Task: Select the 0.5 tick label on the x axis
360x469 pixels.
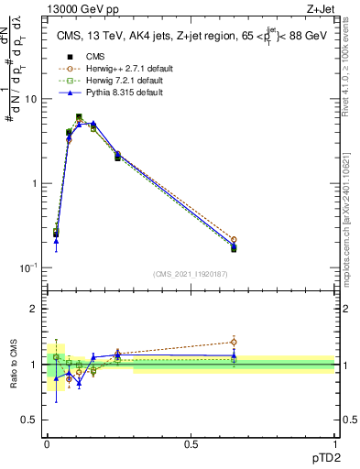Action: [x=191, y=443]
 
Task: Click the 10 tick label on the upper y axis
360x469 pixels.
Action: [x=30, y=99]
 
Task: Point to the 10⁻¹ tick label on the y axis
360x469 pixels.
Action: [x=27, y=267]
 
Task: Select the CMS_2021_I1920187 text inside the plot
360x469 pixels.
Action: [x=190, y=274]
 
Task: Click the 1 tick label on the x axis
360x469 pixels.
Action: [x=333, y=443]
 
